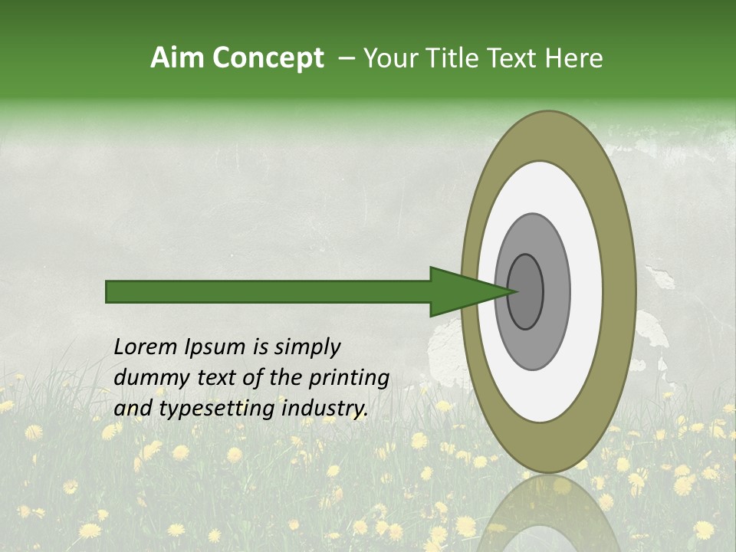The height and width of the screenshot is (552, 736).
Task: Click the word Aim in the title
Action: [179, 58]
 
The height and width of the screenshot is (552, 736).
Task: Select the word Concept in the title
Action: [268, 58]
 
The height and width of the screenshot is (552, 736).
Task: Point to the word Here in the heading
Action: [574, 58]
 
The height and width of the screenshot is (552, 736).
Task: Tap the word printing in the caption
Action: [349, 379]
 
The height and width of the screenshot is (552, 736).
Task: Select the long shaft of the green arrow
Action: [268, 291]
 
